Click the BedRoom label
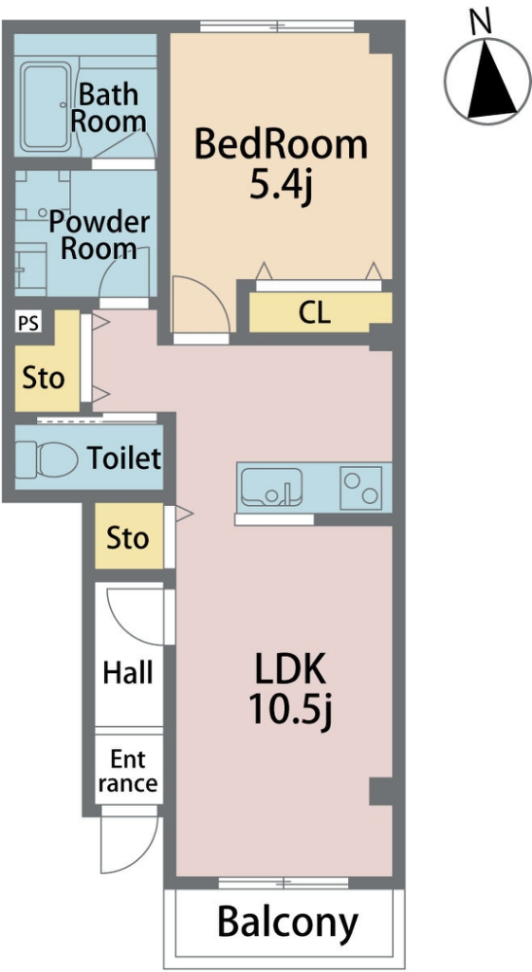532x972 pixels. (x=282, y=144)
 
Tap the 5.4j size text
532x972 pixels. (x=280, y=185)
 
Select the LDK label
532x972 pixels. (x=290, y=671)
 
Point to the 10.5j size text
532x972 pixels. (x=291, y=710)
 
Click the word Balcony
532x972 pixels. (x=288, y=923)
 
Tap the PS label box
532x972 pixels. (x=28, y=323)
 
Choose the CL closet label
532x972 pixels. (x=315, y=313)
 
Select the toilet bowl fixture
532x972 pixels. (x=46, y=459)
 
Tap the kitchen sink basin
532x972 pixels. (x=271, y=487)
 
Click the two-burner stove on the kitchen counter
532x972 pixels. (x=361, y=487)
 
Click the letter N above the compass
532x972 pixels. (x=481, y=22)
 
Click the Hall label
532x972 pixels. (x=128, y=672)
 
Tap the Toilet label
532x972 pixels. (x=124, y=458)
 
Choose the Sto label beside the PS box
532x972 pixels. (x=44, y=378)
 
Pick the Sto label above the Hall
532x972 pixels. (x=128, y=537)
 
